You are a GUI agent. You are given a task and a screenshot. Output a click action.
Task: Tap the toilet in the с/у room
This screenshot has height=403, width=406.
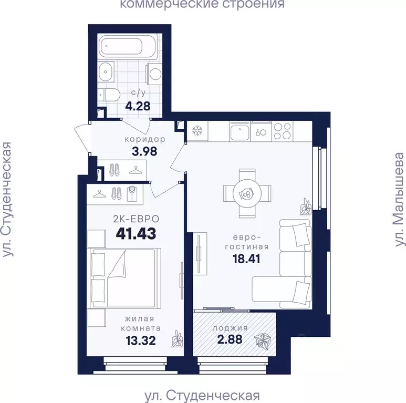point(111,95)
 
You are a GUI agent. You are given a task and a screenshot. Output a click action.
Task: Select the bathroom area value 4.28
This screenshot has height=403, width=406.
point(138,106)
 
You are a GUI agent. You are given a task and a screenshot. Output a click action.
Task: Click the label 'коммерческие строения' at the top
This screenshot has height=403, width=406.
point(202,5)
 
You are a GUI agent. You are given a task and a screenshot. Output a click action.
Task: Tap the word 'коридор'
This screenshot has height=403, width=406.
point(145,140)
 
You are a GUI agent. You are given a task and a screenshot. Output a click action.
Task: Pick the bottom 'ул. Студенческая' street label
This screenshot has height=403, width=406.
point(202,395)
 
